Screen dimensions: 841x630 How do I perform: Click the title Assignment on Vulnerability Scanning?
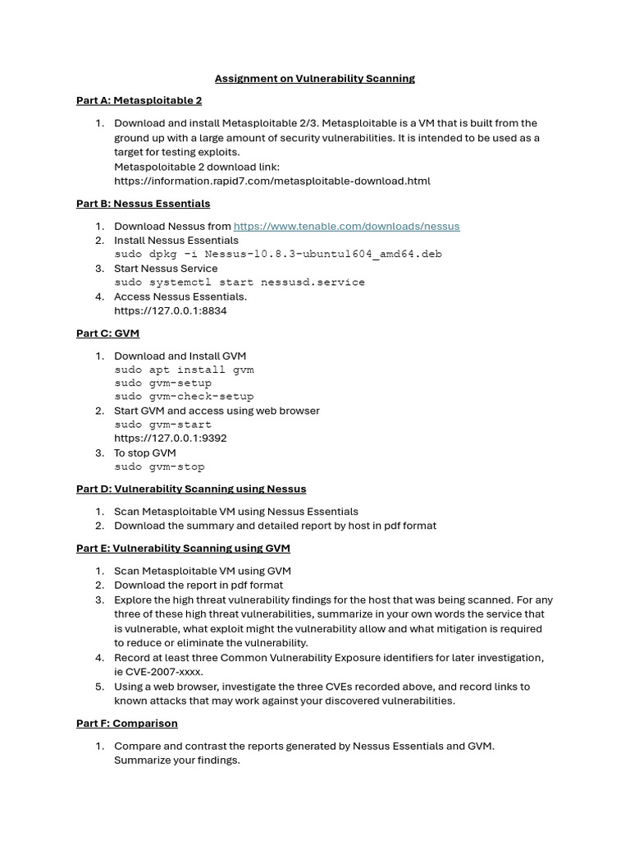pyautogui.click(x=314, y=79)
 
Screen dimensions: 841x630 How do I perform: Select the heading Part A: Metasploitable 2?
pyautogui.click(x=139, y=101)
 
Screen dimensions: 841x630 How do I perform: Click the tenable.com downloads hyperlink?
pyautogui.click(x=346, y=226)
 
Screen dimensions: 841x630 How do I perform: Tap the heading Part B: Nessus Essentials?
pyautogui.click(x=143, y=204)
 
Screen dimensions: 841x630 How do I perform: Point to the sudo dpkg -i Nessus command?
pyautogui.click(x=277, y=254)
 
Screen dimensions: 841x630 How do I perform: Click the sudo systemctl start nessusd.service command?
pyautogui.click(x=240, y=283)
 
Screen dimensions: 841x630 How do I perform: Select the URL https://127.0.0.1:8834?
pyautogui.click(x=171, y=311)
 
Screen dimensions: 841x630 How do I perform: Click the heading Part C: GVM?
pyautogui.click(x=107, y=333)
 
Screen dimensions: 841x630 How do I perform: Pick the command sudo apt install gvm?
pyautogui.click(x=184, y=370)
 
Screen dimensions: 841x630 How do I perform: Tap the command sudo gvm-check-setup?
pyautogui.click(x=184, y=397)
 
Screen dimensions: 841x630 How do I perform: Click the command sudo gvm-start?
pyautogui.click(x=162, y=425)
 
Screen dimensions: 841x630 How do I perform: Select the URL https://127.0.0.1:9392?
pyautogui.click(x=171, y=439)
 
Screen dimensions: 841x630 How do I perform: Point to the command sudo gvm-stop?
pyautogui.click(x=159, y=466)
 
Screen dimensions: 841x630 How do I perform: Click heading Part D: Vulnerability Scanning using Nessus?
pyautogui.click(x=191, y=489)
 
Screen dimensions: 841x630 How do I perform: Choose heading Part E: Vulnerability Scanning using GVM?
pyautogui.click(x=183, y=549)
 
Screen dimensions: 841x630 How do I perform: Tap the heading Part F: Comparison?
pyautogui.click(x=127, y=724)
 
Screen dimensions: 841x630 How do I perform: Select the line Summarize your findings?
pyautogui.click(x=176, y=761)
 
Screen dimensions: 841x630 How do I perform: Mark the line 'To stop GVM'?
pyautogui.click(x=144, y=453)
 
